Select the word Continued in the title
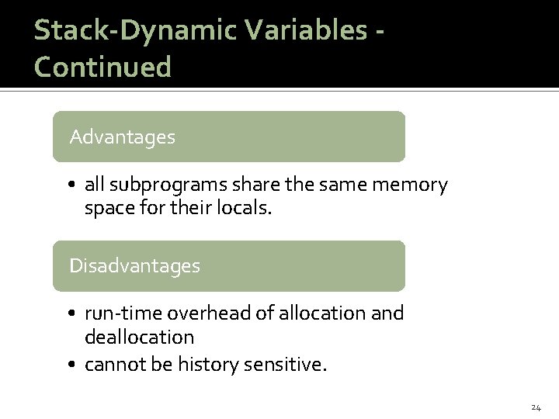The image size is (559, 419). (x=102, y=67)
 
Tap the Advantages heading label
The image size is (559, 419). (x=122, y=137)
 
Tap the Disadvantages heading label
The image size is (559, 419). (x=134, y=266)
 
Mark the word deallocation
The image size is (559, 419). (x=139, y=337)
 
